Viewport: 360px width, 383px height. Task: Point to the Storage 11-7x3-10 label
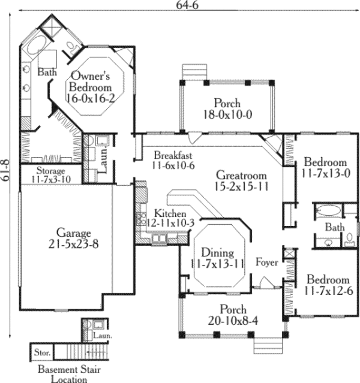(50, 175)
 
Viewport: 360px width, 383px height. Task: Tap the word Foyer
(266, 262)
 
